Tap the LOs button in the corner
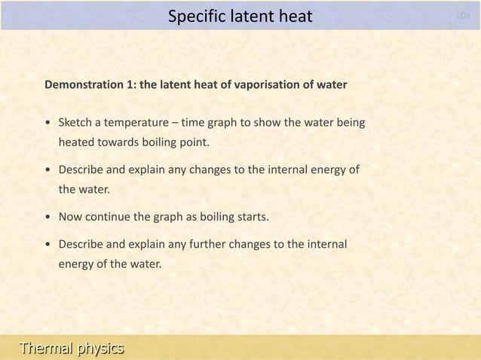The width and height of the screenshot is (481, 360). (x=464, y=15)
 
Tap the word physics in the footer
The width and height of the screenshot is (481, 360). (x=97, y=347)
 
